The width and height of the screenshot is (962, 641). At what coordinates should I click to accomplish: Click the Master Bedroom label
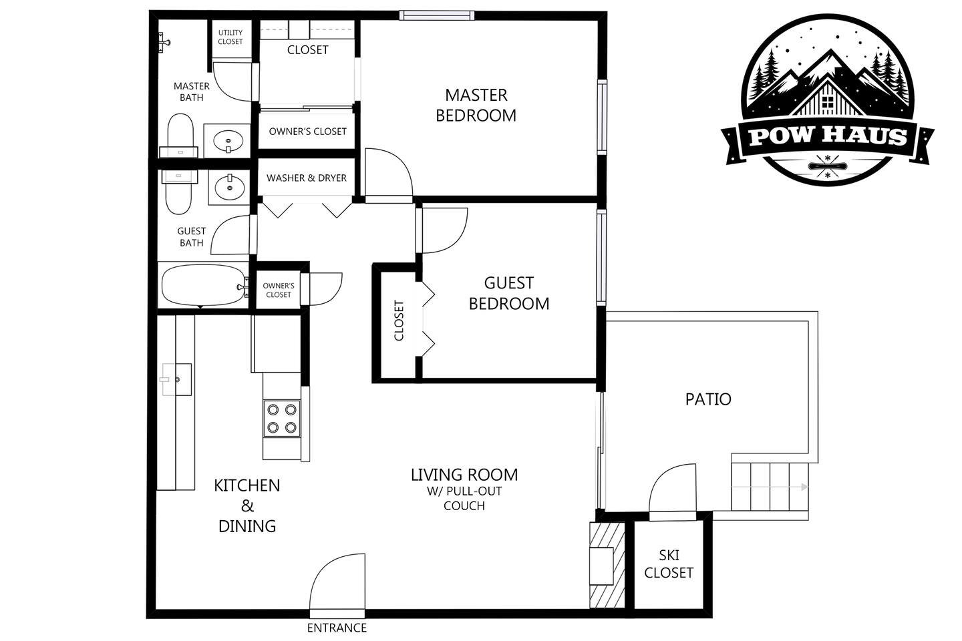coord(476,105)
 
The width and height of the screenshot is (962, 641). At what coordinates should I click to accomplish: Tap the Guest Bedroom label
coord(509,293)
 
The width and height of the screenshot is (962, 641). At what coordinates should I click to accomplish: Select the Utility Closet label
coord(230,37)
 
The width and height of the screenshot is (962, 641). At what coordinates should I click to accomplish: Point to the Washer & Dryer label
coord(306,178)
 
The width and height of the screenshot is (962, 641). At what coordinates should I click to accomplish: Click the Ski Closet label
coord(669,564)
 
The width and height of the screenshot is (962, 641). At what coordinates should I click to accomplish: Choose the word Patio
coord(708,399)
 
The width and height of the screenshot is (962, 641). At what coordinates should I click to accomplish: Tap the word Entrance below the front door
coord(337,628)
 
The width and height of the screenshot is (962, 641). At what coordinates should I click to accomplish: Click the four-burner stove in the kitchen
coord(282,419)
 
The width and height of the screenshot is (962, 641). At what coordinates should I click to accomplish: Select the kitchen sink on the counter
coord(176,379)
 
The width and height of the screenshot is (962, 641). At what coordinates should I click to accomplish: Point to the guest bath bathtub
coord(203,285)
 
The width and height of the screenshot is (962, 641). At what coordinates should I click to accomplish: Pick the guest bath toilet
coord(179,192)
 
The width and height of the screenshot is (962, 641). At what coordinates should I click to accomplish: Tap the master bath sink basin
coord(228,140)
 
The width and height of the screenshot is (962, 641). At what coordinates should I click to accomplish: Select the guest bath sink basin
coord(230,187)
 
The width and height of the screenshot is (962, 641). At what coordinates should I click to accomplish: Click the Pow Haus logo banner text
coord(828,136)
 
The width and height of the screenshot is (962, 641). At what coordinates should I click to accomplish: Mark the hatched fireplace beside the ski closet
coord(607,565)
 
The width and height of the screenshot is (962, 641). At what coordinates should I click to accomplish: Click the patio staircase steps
coord(770,487)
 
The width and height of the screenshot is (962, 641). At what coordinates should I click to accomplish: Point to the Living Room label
coord(464,489)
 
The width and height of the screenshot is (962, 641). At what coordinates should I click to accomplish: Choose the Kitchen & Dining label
coord(247,505)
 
